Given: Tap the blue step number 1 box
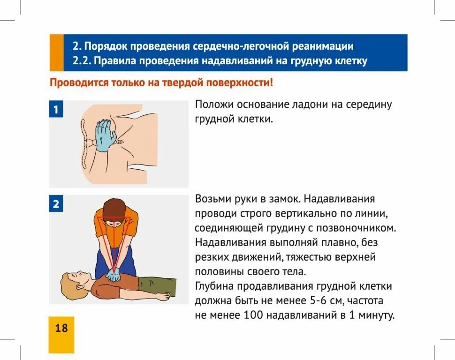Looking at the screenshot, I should pos(56,110).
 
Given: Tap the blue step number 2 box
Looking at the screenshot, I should pos(56,204).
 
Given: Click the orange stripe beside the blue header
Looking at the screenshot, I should pos(56,52).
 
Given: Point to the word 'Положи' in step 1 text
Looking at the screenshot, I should pos(214,105).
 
